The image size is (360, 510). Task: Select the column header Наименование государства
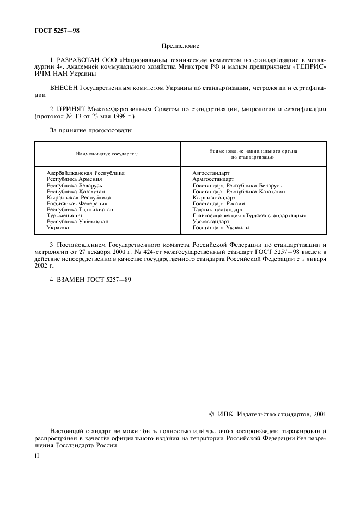pyautogui.click(x=107, y=154)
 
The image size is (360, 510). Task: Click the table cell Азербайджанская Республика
pyautogui.click(x=86, y=173)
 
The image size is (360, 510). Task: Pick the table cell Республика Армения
pyautogui.click(x=74, y=179)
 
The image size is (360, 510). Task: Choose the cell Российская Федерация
pyautogui.click(x=77, y=204)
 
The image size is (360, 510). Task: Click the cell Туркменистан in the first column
pyautogui.click(x=65, y=216)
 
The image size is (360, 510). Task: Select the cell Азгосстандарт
pyautogui.click(x=211, y=173)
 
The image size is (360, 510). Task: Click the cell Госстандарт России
pyautogui.click(x=218, y=204)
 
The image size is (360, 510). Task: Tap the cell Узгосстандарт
pyautogui.click(x=211, y=222)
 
